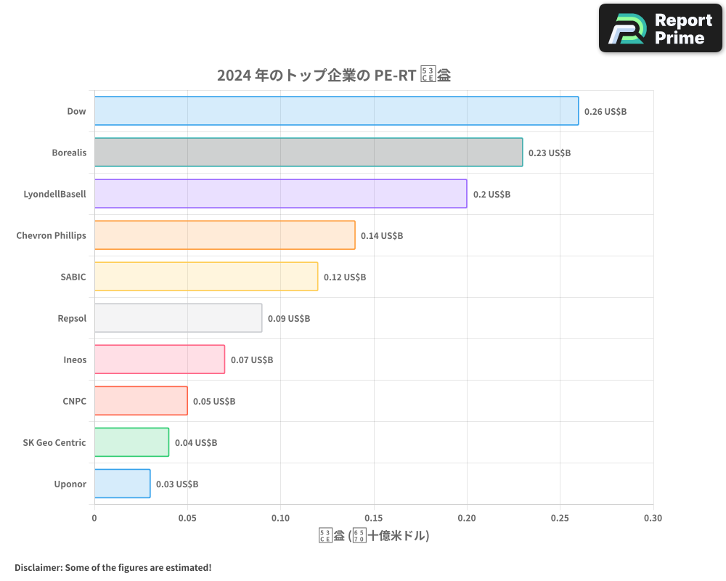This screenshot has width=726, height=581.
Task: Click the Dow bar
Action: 336,111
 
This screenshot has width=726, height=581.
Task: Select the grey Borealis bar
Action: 309,153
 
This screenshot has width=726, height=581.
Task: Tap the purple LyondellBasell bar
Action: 280,194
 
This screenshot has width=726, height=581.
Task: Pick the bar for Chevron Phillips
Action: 224,235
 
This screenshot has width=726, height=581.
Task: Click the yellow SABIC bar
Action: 206,277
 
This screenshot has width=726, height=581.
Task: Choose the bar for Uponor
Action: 122,484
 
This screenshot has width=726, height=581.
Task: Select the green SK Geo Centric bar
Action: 131,442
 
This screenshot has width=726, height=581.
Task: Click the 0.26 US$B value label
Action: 605,112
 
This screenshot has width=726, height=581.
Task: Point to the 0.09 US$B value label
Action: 289,319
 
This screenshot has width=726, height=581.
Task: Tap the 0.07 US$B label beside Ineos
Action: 252,360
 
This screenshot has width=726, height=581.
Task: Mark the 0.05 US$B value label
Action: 214,402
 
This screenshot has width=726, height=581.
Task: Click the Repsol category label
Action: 72,318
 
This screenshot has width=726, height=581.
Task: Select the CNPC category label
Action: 74,401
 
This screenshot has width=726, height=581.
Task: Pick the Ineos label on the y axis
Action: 75,359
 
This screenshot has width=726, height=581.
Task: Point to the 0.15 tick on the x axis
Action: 374,519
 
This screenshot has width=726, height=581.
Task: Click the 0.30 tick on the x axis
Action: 653,519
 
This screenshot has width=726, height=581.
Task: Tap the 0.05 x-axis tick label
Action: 187,519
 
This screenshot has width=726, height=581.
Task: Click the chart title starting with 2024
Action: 334,76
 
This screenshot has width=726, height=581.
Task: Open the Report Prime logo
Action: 661,28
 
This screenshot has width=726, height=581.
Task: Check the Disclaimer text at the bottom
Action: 113,567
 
